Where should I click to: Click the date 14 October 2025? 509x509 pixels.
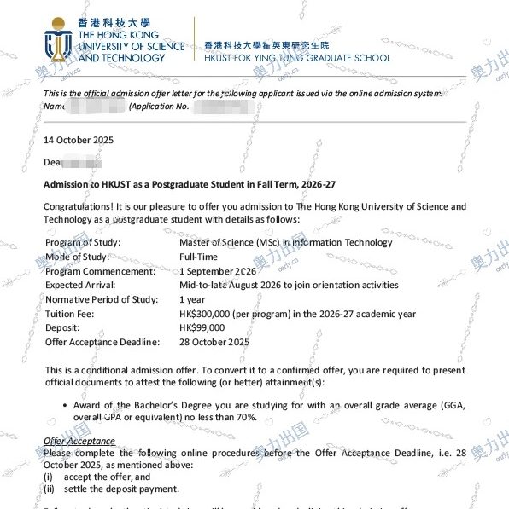point(79,140)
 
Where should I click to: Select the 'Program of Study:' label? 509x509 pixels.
point(83,242)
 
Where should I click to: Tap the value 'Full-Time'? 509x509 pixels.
point(199,257)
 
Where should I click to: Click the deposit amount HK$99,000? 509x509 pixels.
point(202,328)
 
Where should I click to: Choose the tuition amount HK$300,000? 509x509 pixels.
point(209,314)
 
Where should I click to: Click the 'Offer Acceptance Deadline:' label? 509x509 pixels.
point(102,343)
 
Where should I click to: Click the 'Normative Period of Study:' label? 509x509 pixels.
point(100,299)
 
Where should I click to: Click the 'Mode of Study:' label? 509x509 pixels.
point(77,257)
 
